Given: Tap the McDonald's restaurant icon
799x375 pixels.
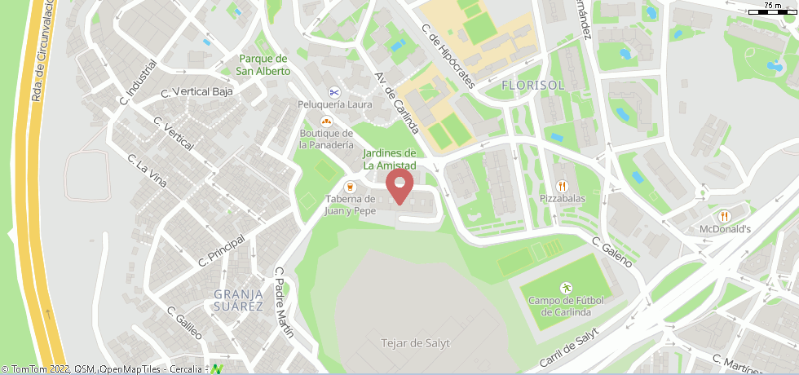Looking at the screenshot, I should click(724, 216).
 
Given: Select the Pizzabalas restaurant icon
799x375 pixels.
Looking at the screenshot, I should click(562, 185).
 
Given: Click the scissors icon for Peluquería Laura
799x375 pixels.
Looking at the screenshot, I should click(334, 91).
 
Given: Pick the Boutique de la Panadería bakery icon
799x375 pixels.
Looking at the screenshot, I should click(326, 121).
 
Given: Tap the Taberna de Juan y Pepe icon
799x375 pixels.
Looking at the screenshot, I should click(351, 186).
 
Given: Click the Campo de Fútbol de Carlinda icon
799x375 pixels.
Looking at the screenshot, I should click(566, 288).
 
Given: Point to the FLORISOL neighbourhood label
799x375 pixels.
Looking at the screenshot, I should click(532, 85).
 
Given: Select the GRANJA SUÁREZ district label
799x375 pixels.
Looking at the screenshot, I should click(238, 300).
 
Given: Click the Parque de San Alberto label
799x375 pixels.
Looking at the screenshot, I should click(263, 64).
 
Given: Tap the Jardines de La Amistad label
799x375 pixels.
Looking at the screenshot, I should click(390, 159).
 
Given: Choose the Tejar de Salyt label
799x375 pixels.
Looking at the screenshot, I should click(415, 343).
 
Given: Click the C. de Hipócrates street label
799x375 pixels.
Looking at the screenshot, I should click(447, 55).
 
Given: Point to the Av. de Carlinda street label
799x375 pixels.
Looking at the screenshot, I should click(397, 103).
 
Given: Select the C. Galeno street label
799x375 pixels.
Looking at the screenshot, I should click(611, 253).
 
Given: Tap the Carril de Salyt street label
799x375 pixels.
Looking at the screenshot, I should click(568, 346).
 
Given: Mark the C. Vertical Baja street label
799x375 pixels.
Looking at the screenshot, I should click(197, 91).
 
